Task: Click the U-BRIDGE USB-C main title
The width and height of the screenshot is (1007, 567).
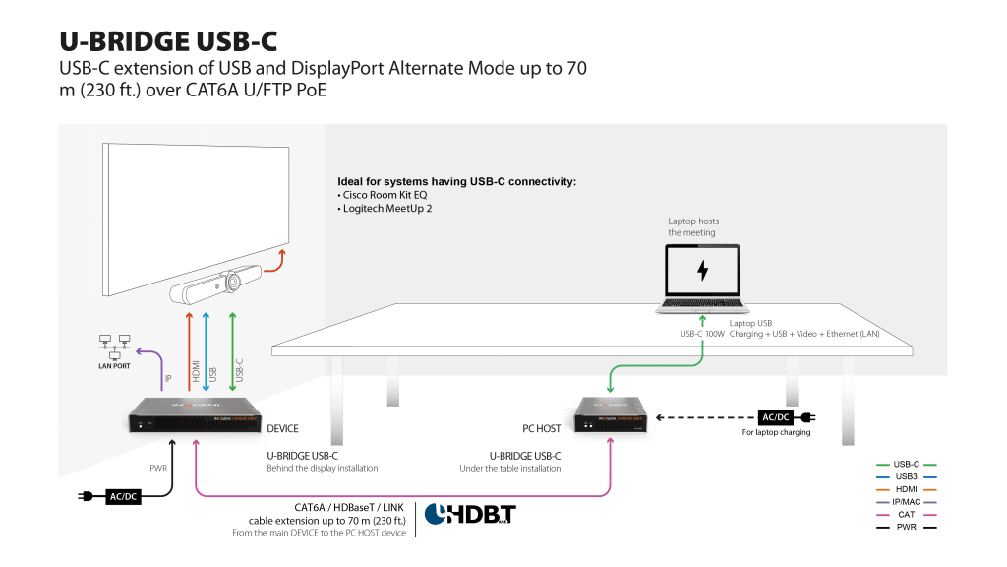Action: coord(168,40)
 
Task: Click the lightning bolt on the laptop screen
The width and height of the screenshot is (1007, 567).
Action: coord(702,270)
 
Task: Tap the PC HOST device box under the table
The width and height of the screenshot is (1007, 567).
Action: coord(611,417)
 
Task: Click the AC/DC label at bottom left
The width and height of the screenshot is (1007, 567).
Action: coord(123,496)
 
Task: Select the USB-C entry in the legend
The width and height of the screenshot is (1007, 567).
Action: coord(905,464)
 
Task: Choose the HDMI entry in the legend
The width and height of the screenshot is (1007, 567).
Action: coord(905,489)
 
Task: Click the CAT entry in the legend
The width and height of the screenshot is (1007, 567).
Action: coord(905,514)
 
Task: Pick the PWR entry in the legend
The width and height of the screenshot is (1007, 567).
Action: coord(905,527)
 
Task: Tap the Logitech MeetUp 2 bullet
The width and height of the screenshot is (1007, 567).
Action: coord(387,209)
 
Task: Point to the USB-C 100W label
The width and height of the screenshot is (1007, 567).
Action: coord(702,334)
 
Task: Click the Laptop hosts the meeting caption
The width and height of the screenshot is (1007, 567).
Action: coord(693,227)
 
